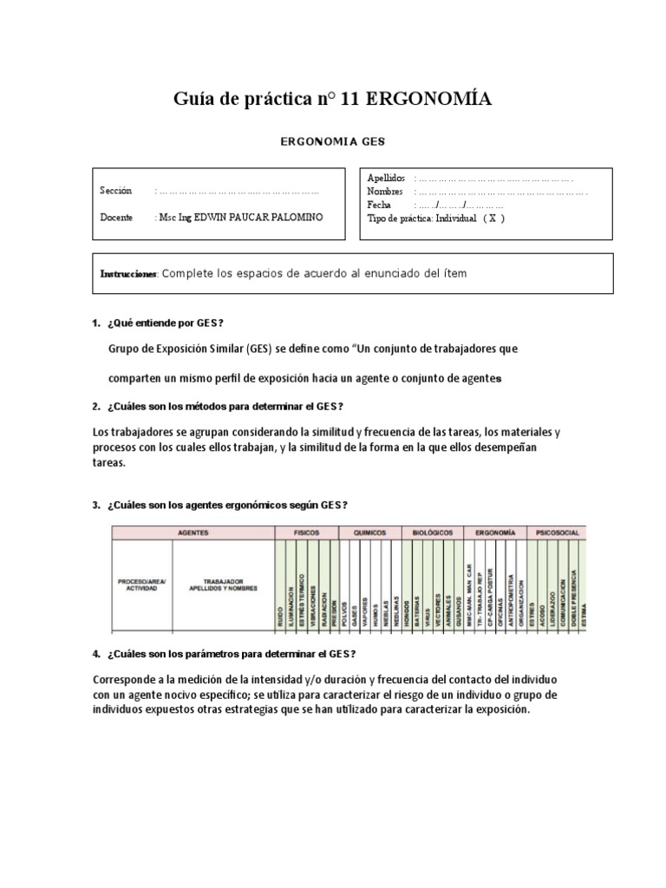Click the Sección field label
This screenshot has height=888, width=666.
tap(116, 190)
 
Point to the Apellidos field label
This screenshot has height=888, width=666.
tap(386, 178)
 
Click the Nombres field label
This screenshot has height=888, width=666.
tap(385, 191)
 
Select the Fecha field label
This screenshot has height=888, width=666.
tap(380, 205)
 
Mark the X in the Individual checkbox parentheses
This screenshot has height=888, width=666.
tap(493, 219)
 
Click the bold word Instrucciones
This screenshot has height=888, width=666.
tap(129, 274)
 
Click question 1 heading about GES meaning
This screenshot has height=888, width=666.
tap(166, 323)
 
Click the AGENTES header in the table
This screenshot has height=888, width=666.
tap(193, 532)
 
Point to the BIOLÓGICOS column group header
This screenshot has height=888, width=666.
tap(431, 532)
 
